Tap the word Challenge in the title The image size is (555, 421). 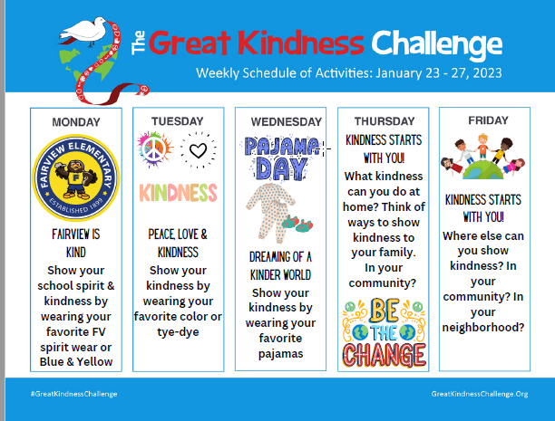tap(436, 42)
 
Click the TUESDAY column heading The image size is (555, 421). tap(178, 120)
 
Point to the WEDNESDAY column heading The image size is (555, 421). tap(280, 121)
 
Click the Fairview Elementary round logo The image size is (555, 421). tap(75, 174)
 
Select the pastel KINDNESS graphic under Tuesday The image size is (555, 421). tap(178, 192)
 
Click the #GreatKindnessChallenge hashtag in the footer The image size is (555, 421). tap(73, 394)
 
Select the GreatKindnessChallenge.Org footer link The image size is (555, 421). tap(479, 394)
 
